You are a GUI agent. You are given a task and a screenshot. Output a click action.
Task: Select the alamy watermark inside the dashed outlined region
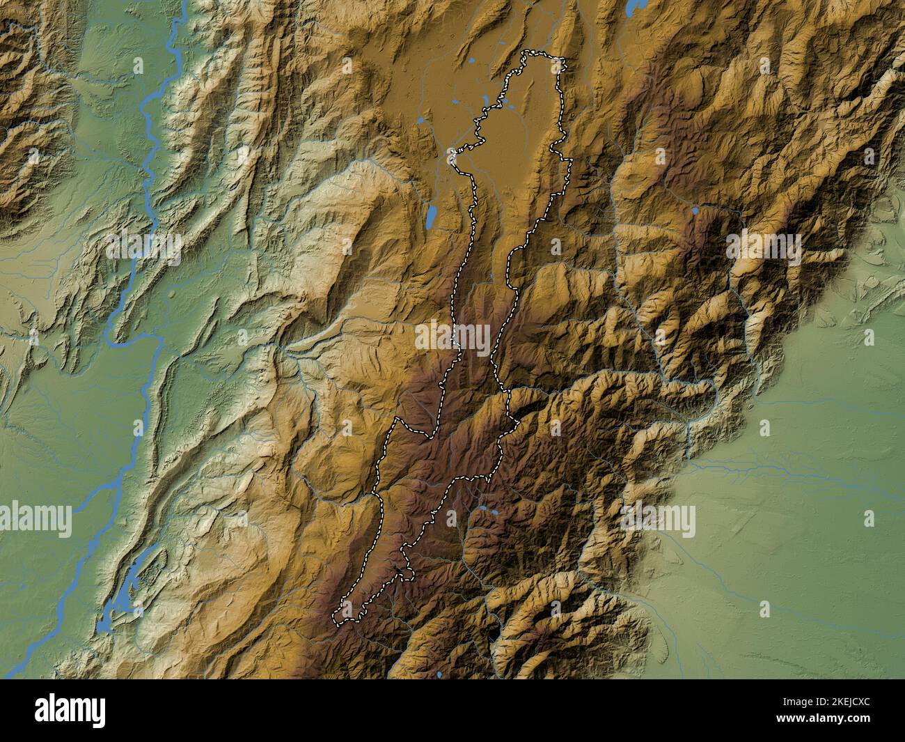tap(452, 337)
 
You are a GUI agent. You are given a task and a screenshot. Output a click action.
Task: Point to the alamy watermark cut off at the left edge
tap(35, 519)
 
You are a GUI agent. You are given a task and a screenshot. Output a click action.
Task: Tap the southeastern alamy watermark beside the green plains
tap(658, 519)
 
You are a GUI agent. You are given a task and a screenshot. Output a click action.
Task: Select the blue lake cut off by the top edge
tap(634, 8)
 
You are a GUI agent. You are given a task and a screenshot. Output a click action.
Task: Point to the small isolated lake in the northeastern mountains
tap(694, 210)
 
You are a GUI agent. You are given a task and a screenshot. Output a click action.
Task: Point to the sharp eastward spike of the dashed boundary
tap(571, 162)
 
